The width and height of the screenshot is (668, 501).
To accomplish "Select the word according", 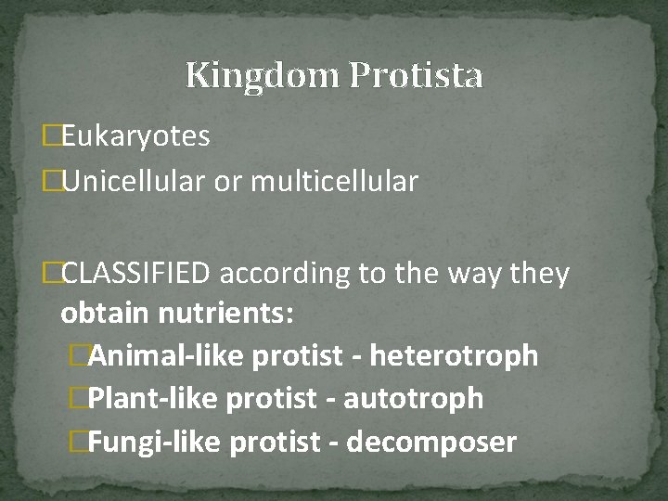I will (285, 274).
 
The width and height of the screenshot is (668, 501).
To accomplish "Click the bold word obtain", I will (104, 314).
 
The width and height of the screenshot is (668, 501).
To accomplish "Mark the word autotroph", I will (413, 398).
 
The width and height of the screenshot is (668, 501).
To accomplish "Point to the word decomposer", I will (431, 442).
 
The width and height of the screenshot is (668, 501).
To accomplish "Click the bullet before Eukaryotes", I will (51, 137).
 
